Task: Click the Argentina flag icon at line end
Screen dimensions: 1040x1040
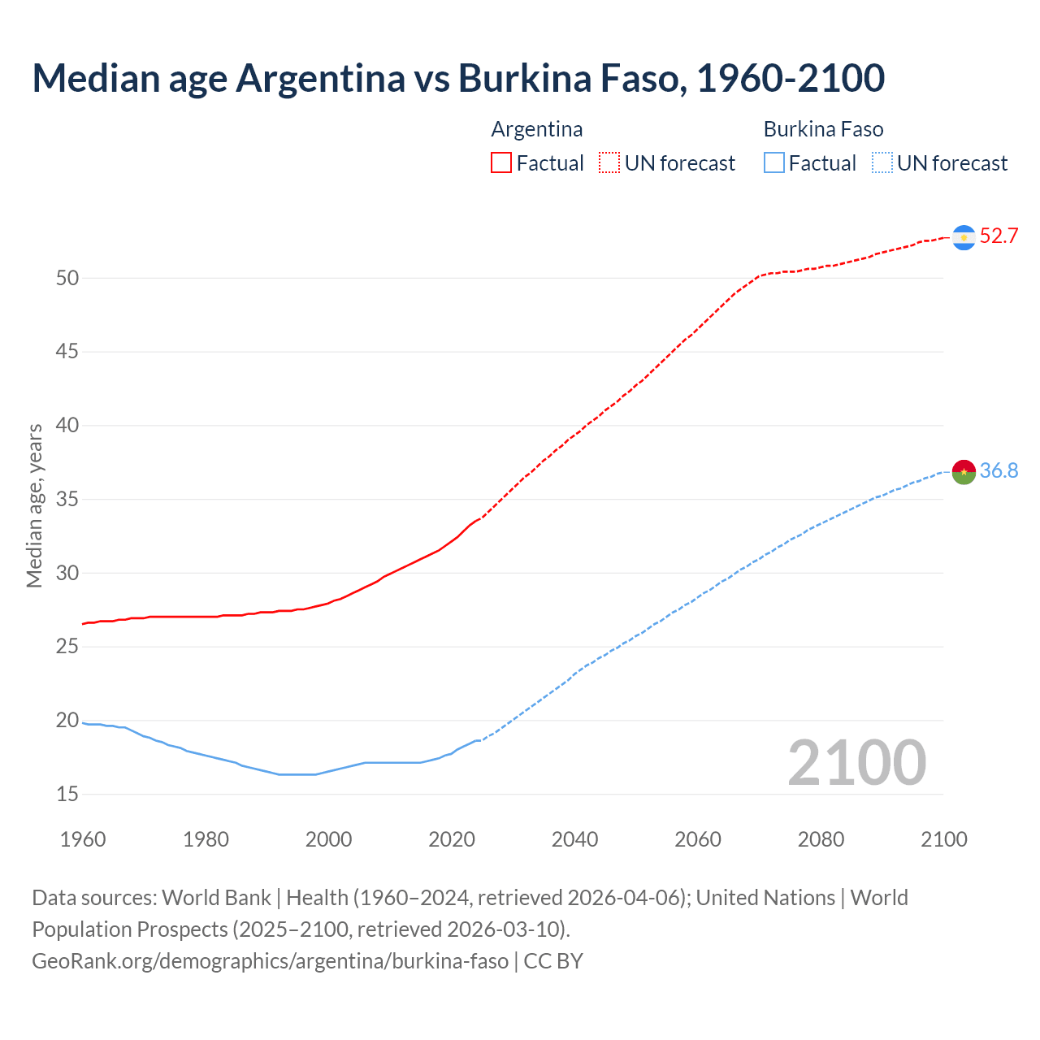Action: point(964,237)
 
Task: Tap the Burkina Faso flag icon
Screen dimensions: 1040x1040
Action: point(964,471)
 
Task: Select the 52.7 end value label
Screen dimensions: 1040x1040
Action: point(999,236)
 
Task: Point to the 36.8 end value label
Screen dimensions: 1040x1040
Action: point(999,471)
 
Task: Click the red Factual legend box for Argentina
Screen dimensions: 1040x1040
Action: point(501,163)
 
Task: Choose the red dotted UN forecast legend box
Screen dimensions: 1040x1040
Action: point(609,163)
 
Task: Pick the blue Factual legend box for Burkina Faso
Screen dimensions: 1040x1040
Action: point(773,163)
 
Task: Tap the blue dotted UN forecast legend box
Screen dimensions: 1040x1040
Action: point(882,163)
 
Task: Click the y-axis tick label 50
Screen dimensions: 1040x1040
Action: point(67,278)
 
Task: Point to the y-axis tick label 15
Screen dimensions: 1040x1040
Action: point(67,794)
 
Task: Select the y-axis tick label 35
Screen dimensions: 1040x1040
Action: point(67,499)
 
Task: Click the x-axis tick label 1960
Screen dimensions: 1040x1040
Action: point(83,839)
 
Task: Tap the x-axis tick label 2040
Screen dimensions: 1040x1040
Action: point(574,839)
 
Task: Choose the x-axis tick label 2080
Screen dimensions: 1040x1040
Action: point(821,839)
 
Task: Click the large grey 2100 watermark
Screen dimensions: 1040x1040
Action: point(856,763)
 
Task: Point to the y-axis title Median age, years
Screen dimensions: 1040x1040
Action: point(34,505)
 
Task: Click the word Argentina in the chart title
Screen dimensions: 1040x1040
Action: point(320,78)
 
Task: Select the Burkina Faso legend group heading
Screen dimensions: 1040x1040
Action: point(823,129)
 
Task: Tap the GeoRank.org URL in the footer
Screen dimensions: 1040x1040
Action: point(270,961)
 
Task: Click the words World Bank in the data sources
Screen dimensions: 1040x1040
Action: point(216,898)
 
